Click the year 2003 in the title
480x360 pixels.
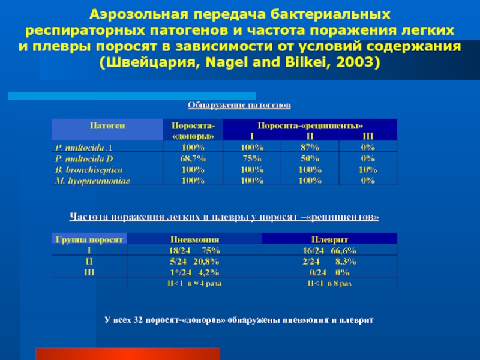tap(355, 62)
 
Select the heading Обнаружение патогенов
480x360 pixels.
tap(239, 106)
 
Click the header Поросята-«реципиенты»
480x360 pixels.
tap(310, 126)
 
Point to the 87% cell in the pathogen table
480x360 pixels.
tap(308, 146)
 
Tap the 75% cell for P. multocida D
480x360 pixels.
tap(251, 158)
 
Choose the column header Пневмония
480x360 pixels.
tap(194, 239)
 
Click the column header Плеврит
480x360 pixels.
tap(329, 239)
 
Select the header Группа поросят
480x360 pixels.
tap(89, 239)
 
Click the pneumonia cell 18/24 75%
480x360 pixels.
tap(194, 250)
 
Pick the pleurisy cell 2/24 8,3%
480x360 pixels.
tap(329, 262)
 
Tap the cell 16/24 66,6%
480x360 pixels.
tap(329, 250)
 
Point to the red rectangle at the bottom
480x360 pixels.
tap(128, 353)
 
